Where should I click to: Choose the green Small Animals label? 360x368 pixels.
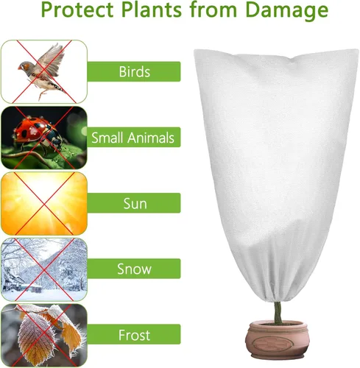pos(133,138)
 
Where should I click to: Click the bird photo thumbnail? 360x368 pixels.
pos(43,71)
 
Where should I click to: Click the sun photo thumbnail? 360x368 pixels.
pos(43,202)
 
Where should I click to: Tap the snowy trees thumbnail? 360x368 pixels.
pos(43,268)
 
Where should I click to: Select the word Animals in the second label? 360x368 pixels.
pos(152,138)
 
